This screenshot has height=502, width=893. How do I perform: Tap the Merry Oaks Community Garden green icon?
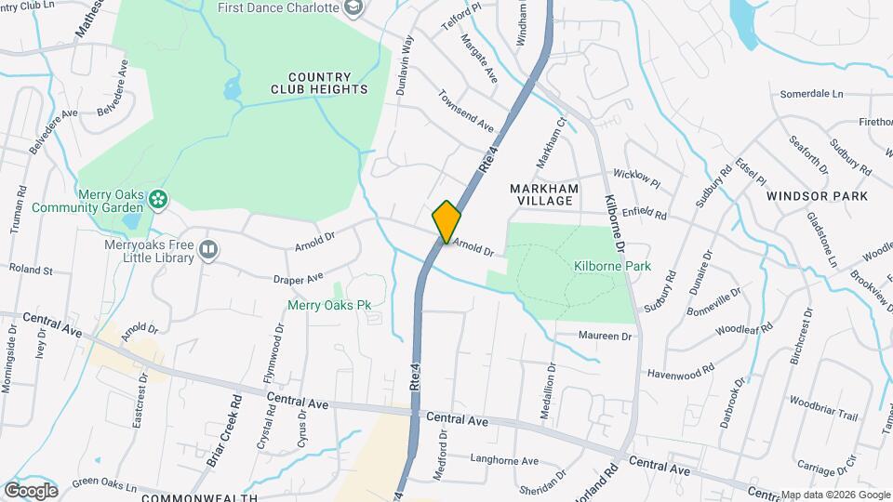[159, 197]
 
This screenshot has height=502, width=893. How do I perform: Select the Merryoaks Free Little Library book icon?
[209, 249]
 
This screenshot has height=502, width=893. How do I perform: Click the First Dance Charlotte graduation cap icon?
[352, 8]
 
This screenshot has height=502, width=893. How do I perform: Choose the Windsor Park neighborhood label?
[817, 196]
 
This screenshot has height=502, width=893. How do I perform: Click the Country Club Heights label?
[319, 83]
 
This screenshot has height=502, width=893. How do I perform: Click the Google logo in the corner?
[31, 490]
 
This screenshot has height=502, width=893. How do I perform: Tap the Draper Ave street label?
[297, 276]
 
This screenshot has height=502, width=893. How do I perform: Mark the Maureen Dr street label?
[605, 336]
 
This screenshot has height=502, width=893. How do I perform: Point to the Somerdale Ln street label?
[810, 94]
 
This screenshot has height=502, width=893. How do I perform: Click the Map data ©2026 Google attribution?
[834, 495]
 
